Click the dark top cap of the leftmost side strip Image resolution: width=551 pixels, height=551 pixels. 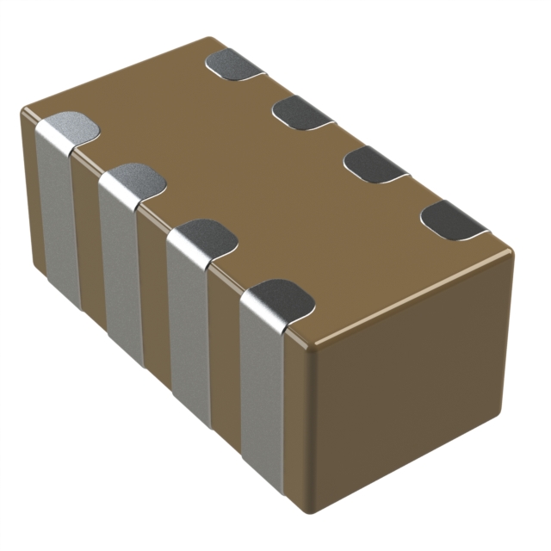69,127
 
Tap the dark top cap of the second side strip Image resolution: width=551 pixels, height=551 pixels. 134,178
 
